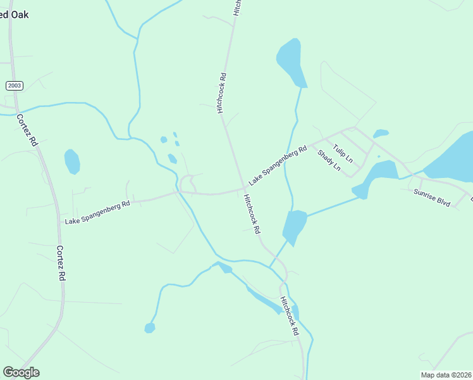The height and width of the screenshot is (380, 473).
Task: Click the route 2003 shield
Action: pos(13,85)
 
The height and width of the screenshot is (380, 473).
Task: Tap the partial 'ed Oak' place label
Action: pos(14,15)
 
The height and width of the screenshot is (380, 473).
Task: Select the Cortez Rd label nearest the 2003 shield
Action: pos(27,130)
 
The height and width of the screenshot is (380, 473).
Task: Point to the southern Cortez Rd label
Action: pos(61,263)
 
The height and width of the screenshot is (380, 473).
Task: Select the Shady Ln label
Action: pos(329,161)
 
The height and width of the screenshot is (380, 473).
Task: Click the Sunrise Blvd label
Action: pos(432,197)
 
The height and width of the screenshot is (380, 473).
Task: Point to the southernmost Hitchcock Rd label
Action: pos(290,316)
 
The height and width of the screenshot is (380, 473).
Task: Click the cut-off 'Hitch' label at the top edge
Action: pos(237,7)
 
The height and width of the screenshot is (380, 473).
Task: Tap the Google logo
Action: pos(21,372)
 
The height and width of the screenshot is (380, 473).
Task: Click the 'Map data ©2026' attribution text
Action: pos(446,374)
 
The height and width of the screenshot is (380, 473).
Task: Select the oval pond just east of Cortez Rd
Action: pos(72,161)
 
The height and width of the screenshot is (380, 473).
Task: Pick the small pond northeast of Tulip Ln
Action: pos(381,134)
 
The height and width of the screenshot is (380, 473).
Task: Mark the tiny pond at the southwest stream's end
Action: pos(150,327)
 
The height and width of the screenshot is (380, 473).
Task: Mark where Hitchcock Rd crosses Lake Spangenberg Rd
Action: pos(245,188)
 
